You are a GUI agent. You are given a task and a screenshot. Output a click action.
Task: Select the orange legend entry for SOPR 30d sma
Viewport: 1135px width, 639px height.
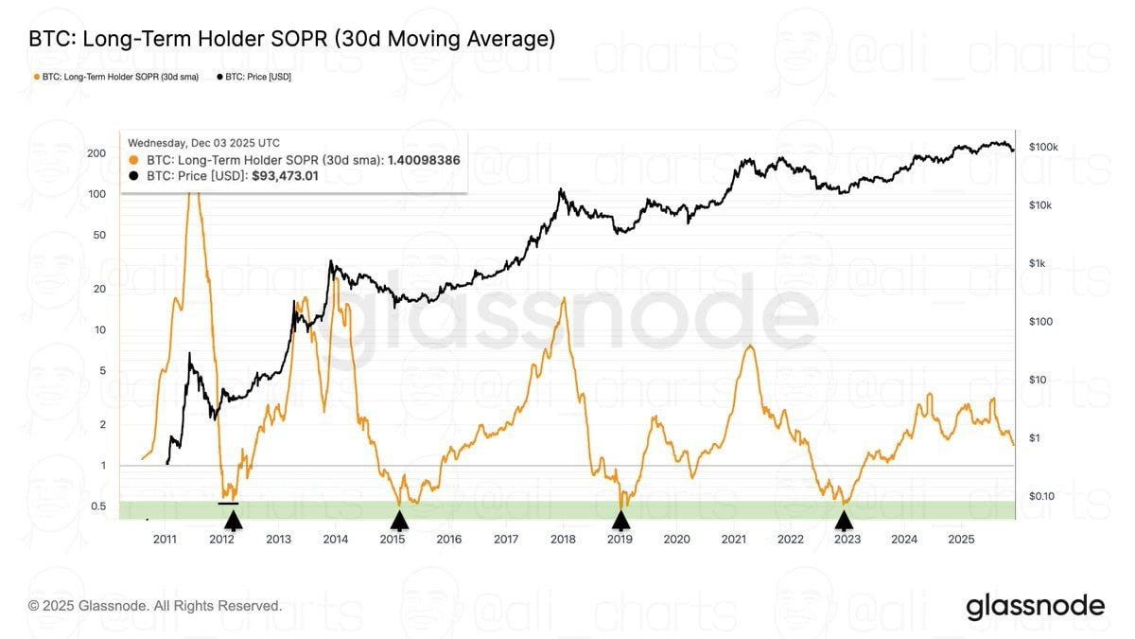[115, 77]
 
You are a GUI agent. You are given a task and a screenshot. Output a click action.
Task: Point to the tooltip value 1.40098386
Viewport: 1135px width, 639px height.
[424, 160]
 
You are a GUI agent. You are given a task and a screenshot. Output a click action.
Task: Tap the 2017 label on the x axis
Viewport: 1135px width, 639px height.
[506, 539]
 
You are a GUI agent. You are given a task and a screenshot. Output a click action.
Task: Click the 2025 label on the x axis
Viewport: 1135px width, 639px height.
[961, 539]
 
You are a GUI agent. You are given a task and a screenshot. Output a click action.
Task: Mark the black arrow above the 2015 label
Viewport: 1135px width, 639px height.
[400, 520]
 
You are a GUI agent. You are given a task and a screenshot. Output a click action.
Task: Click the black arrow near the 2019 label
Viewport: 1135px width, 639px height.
[620, 520]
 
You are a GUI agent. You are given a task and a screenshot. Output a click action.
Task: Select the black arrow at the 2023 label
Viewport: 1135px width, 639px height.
[844, 520]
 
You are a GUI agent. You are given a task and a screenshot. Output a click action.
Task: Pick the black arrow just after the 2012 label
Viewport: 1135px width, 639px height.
[233, 520]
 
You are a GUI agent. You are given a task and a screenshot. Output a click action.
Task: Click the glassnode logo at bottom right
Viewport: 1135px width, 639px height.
[1035, 606]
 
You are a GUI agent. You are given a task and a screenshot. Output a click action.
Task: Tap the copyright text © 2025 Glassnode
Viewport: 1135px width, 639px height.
[155, 605]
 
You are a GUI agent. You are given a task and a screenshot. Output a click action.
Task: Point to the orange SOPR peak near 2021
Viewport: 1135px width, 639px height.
[749, 347]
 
